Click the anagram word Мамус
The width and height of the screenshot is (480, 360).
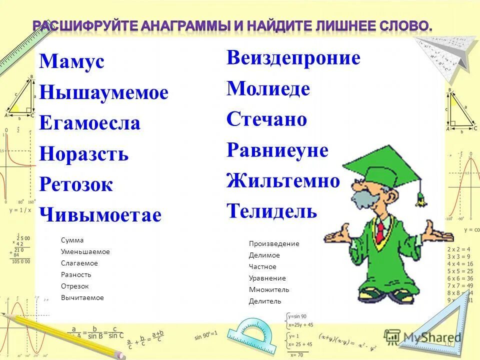71,62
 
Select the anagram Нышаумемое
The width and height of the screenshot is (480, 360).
103,93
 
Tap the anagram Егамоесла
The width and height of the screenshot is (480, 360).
89,123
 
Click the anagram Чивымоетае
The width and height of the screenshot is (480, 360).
100,215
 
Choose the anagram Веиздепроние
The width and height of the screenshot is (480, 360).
293,58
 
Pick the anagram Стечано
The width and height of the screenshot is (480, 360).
266,120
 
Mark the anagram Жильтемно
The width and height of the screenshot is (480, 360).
283,180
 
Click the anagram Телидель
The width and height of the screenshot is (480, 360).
271,211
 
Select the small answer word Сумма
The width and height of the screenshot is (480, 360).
72,240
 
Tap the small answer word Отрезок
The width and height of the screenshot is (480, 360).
75,286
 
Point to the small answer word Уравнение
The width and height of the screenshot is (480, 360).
267,278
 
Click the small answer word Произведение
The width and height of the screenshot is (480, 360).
274,244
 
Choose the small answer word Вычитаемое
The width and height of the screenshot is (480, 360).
82,298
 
